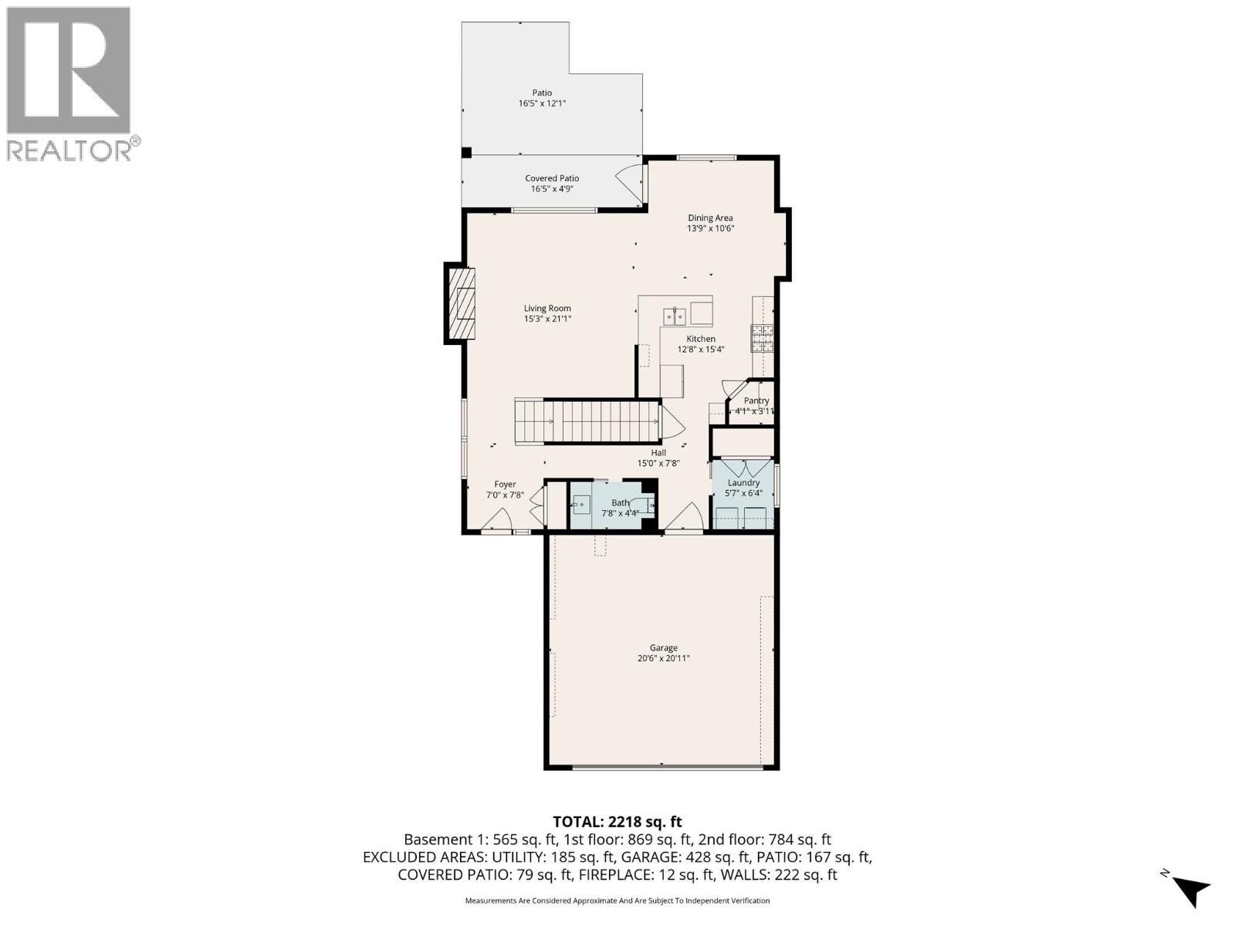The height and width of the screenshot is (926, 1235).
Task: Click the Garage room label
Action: (663, 648)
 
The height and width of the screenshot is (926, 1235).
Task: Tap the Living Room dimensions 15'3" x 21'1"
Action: (547, 319)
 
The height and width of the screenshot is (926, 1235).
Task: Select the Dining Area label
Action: (710, 218)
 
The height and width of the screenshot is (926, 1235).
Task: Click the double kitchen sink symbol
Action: (675, 316)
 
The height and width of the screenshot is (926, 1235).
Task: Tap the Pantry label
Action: (756, 400)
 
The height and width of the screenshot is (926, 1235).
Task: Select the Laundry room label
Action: (743, 483)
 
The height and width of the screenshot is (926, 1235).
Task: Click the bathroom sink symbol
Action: (580, 505)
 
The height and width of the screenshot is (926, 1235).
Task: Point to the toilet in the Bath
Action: (647, 505)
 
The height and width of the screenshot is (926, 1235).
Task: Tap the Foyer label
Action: (505, 485)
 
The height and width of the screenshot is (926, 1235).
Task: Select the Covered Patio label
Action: (552, 178)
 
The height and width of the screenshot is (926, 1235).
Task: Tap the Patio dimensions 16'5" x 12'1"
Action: (542, 103)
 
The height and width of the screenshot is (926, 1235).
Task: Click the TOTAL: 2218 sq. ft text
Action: (617, 822)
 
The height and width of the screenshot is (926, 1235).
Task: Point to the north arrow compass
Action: (1189, 890)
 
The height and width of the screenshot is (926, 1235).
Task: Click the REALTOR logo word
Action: (69, 150)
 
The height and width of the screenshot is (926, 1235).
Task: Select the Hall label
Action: (658, 453)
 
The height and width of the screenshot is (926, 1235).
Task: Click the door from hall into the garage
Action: (685, 519)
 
